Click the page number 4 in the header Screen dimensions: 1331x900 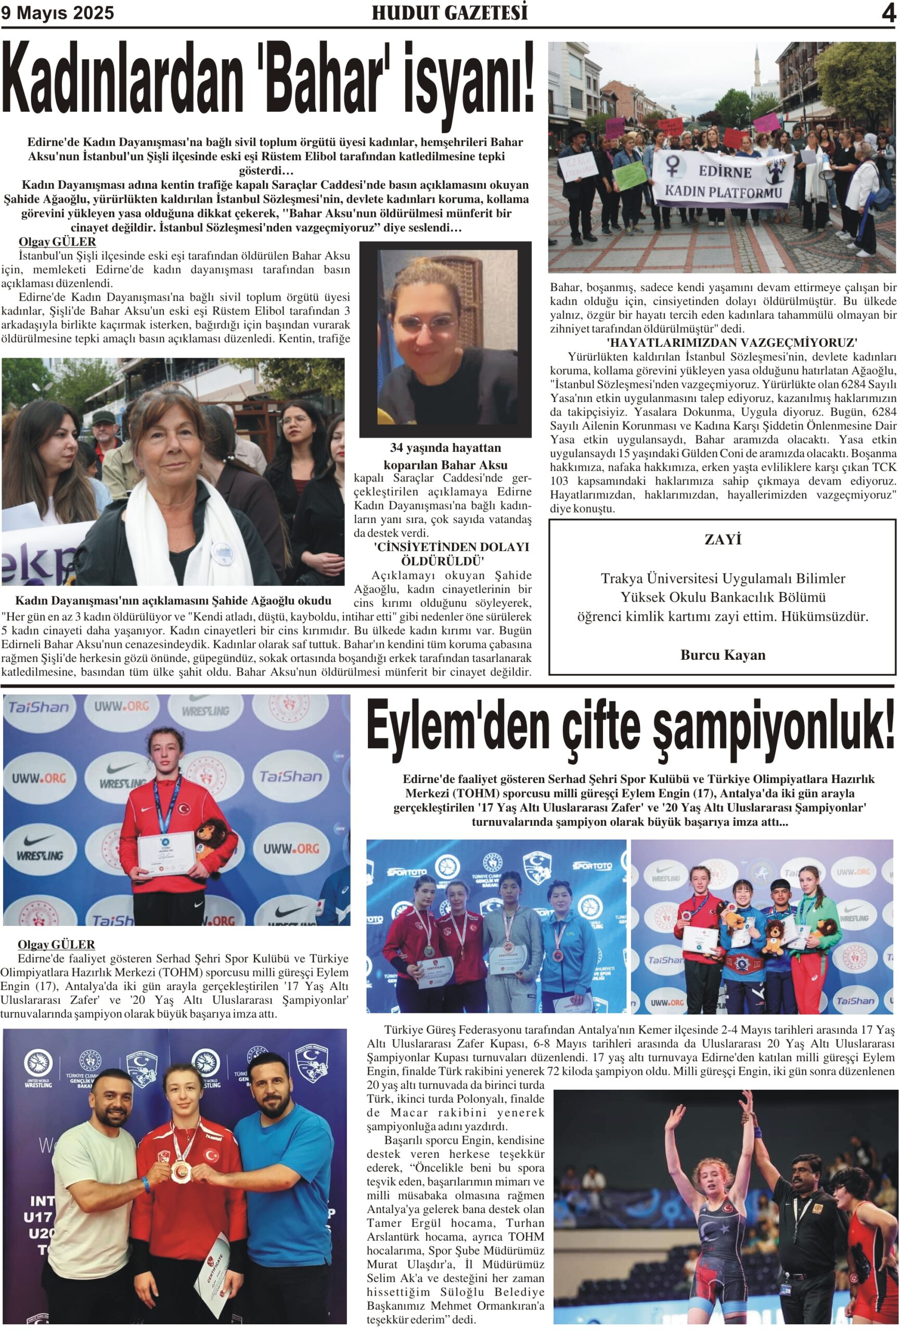[x=888, y=13]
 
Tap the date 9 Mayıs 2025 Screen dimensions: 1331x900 [x=57, y=13]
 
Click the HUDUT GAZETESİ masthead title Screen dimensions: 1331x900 [x=449, y=12]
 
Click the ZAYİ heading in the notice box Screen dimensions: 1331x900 [x=723, y=540]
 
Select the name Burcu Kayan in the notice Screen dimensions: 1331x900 [x=723, y=655]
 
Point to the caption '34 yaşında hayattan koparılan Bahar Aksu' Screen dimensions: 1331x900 [x=445, y=456]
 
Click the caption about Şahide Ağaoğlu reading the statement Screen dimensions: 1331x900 [x=173, y=601]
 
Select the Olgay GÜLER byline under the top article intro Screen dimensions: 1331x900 [x=57, y=242]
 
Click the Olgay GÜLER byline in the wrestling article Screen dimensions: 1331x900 [x=56, y=944]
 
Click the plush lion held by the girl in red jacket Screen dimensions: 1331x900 [x=211, y=840]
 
